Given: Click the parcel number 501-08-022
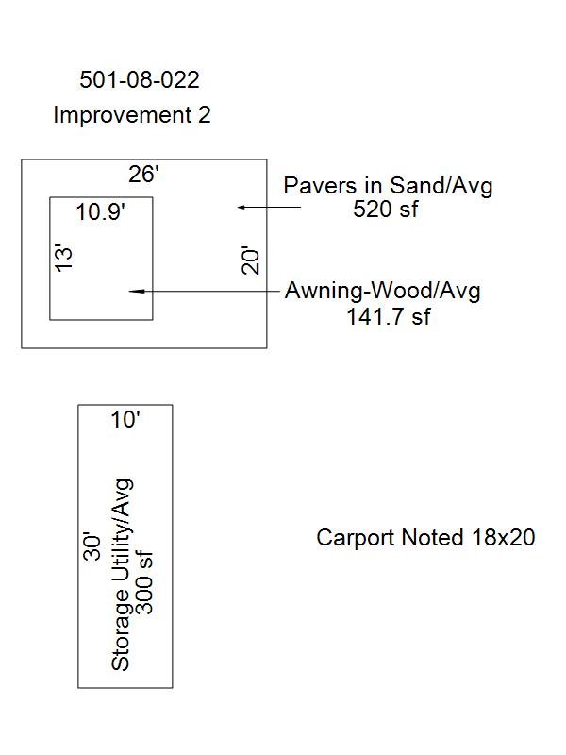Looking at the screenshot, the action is [x=140, y=79].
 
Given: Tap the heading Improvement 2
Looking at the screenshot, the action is [x=132, y=115].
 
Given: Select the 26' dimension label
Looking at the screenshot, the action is [x=143, y=174].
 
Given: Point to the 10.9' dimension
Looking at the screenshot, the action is [x=101, y=211].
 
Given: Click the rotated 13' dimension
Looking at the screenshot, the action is [x=64, y=259].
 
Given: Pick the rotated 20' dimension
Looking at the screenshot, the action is [x=250, y=260].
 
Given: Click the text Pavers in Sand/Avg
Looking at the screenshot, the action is [x=388, y=186].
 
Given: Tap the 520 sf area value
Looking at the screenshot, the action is [x=386, y=209].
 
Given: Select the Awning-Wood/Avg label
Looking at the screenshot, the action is [x=383, y=291].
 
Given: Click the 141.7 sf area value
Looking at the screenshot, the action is [x=389, y=316].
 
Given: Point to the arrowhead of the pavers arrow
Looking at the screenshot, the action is [x=240, y=207].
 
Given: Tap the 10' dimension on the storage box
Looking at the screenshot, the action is [x=125, y=419].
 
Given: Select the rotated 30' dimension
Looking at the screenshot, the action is [x=92, y=546].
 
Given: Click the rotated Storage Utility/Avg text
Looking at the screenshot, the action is [x=121, y=575].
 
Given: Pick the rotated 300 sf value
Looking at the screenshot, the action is [x=144, y=583].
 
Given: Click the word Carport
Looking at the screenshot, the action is [x=356, y=538].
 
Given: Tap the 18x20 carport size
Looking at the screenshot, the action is [x=504, y=537].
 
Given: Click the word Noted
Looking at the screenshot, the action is [x=432, y=537].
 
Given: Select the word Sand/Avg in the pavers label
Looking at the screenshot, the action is [x=441, y=186].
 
